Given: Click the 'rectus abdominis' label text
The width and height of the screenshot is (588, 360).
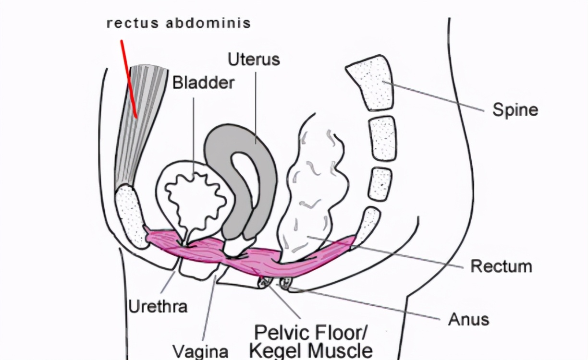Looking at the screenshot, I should point(179,24).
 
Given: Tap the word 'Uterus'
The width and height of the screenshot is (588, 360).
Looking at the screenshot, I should point(253,60).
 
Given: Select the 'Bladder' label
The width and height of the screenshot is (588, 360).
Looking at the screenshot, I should point(203,83).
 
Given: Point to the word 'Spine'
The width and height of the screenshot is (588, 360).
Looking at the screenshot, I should point(515,110).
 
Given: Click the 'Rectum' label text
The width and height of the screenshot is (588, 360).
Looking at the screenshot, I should point(501,266).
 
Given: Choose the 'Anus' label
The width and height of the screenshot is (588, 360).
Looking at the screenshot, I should point(468,319).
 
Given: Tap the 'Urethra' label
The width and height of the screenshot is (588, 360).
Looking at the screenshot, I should point(158,306).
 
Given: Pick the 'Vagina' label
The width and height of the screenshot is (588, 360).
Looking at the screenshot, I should point(200,350).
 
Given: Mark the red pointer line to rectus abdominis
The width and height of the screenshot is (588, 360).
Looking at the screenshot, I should point(129,79).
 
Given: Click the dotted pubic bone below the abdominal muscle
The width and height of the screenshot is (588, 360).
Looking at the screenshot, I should point(131,216).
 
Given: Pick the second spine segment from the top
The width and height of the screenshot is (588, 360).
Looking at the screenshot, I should point(383,138).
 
